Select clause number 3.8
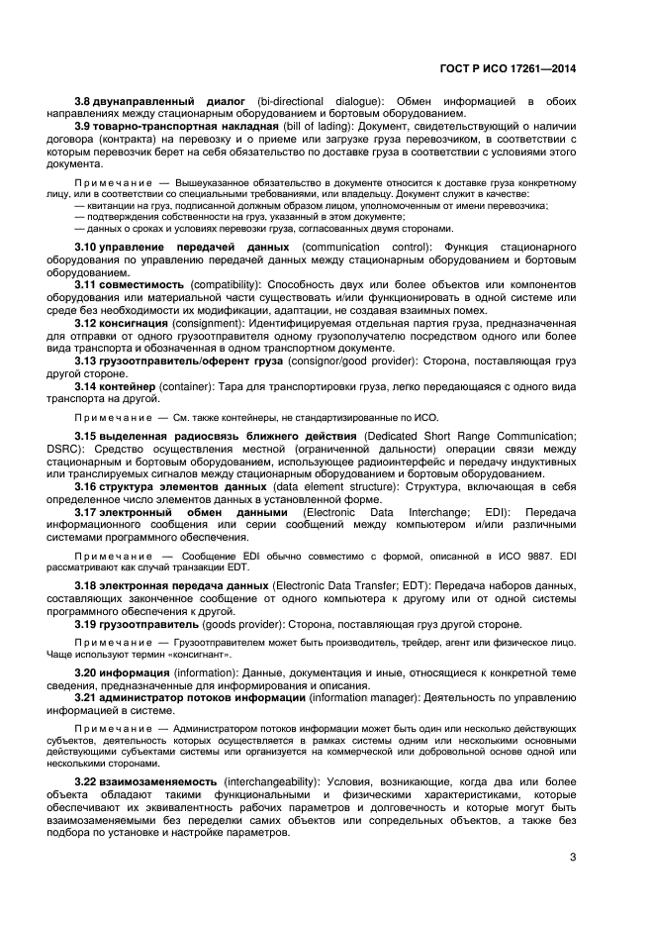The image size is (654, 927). tap(85, 102)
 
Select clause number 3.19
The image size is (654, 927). tap(88, 624)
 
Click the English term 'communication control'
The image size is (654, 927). tap(361, 246)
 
